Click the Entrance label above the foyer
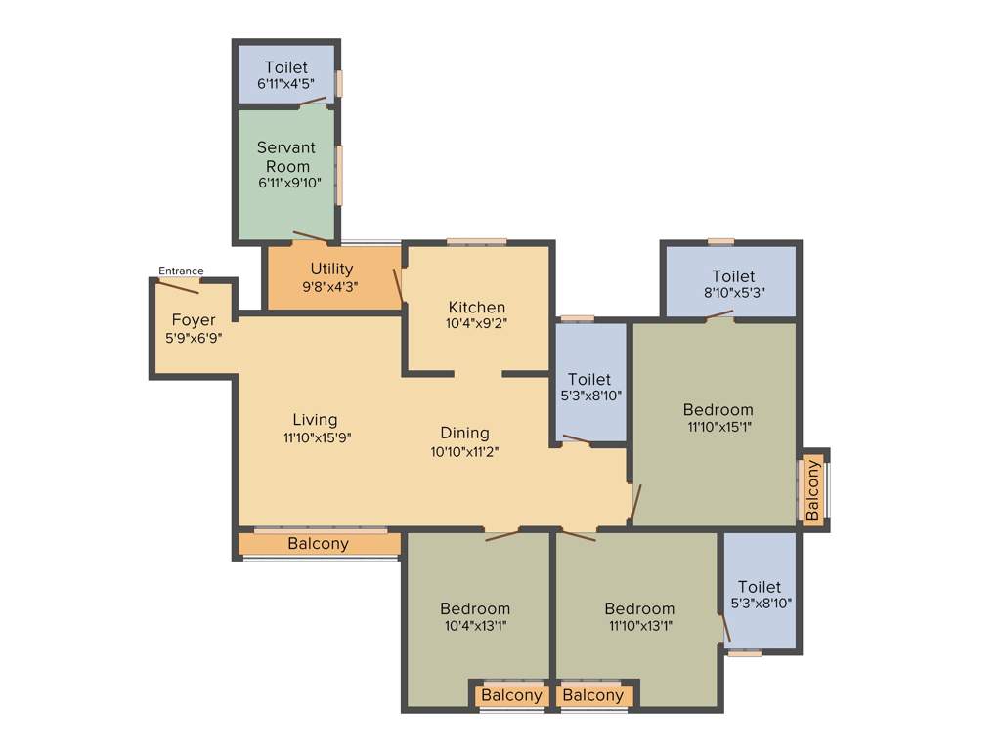pos(181,271)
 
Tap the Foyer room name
pos(194,320)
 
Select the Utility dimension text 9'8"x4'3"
pos(331,288)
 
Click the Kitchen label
pos(477,307)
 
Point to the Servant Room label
pos(285,156)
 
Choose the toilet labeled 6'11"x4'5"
pos(285,75)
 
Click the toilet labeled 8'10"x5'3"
pos(732,284)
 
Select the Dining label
pos(464,433)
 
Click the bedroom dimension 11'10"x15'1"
pos(718,426)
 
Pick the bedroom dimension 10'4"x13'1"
pos(474,626)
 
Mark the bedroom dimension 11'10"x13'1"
pos(638,626)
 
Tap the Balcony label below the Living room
pos(318,544)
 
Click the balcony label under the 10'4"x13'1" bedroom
pos(511,695)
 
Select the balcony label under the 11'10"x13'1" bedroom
pos(592,695)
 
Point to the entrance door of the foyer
pos(179,285)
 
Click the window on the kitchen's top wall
pos(477,241)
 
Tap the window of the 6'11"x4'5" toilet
pos(339,83)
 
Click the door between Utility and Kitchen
pos(398,285)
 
